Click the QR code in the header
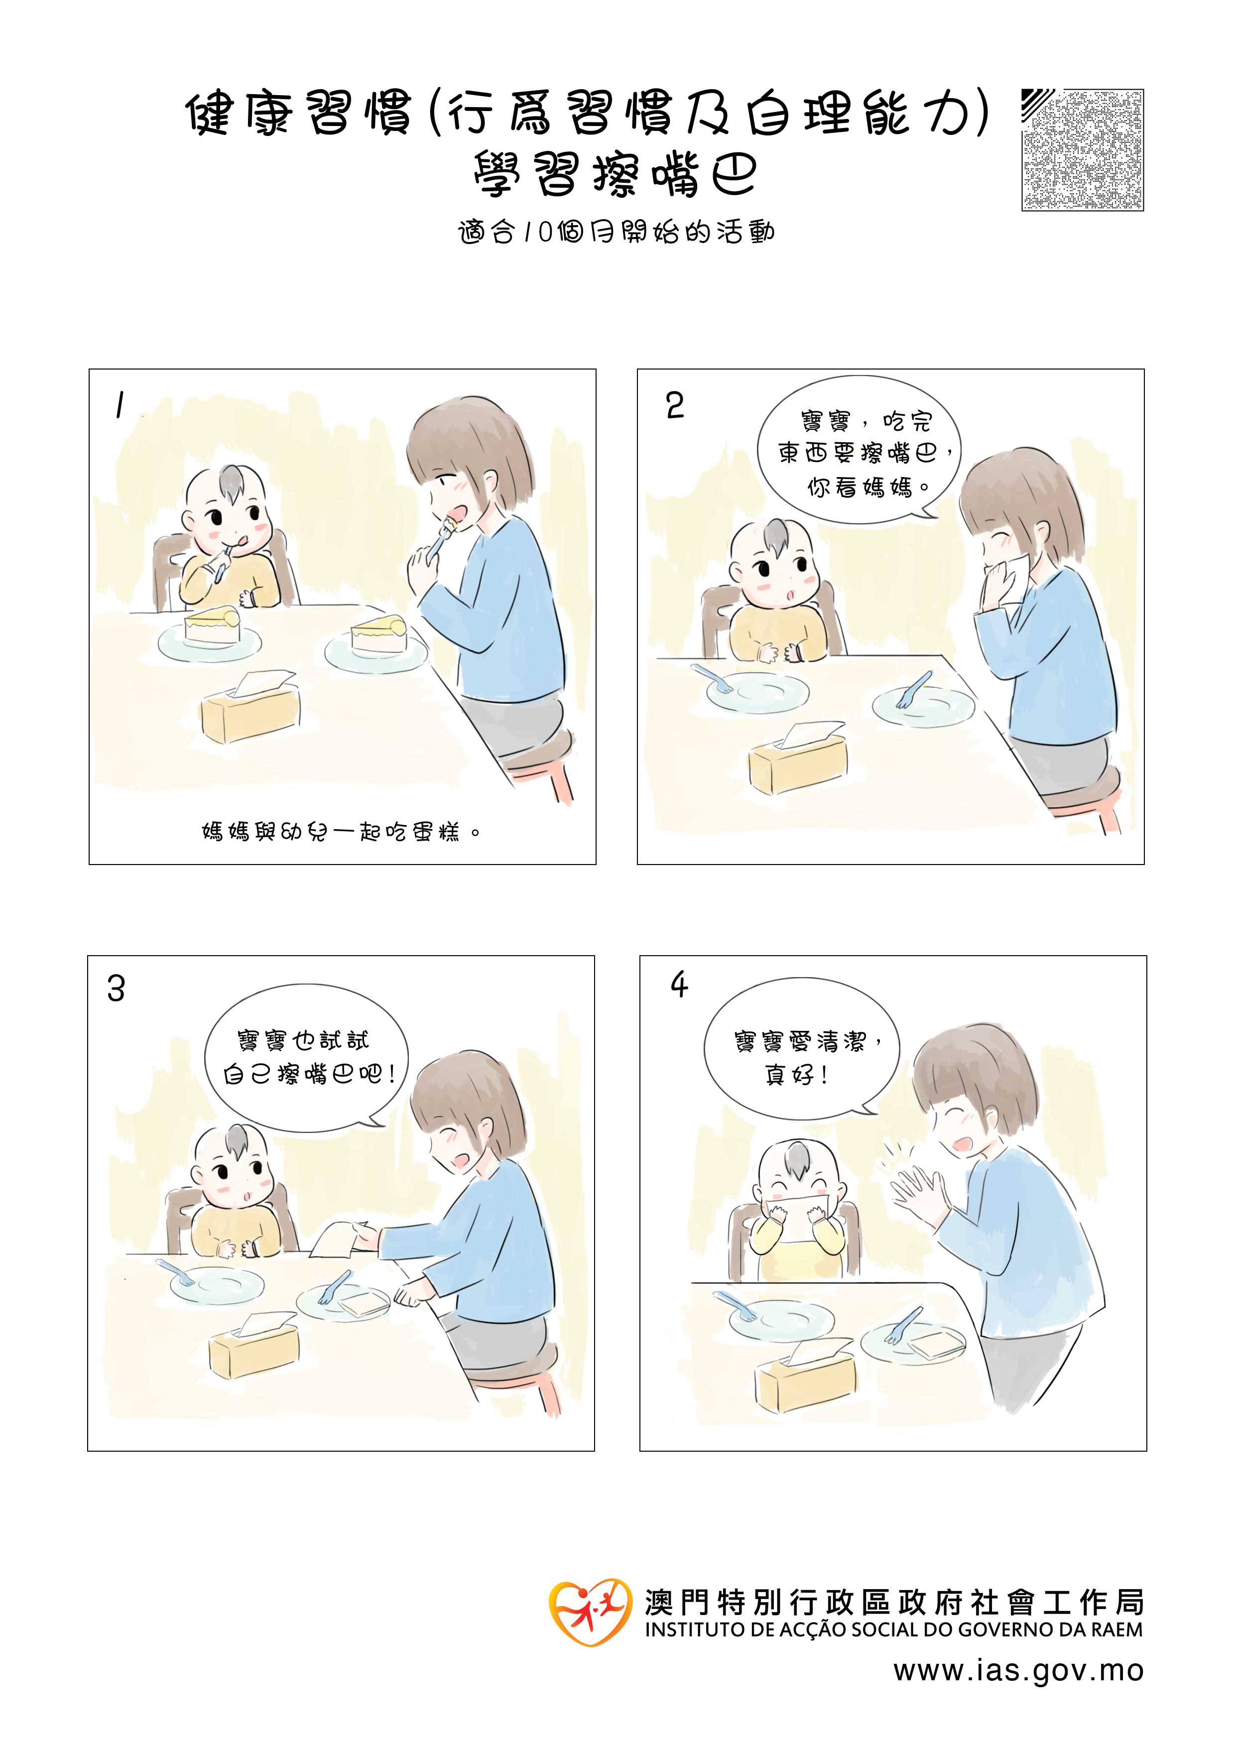[x=1082, y=150]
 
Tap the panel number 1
[x=119, y=405]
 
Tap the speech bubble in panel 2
[x=859, y=451]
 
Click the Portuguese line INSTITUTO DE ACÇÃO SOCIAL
[x=893, y=1630]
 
